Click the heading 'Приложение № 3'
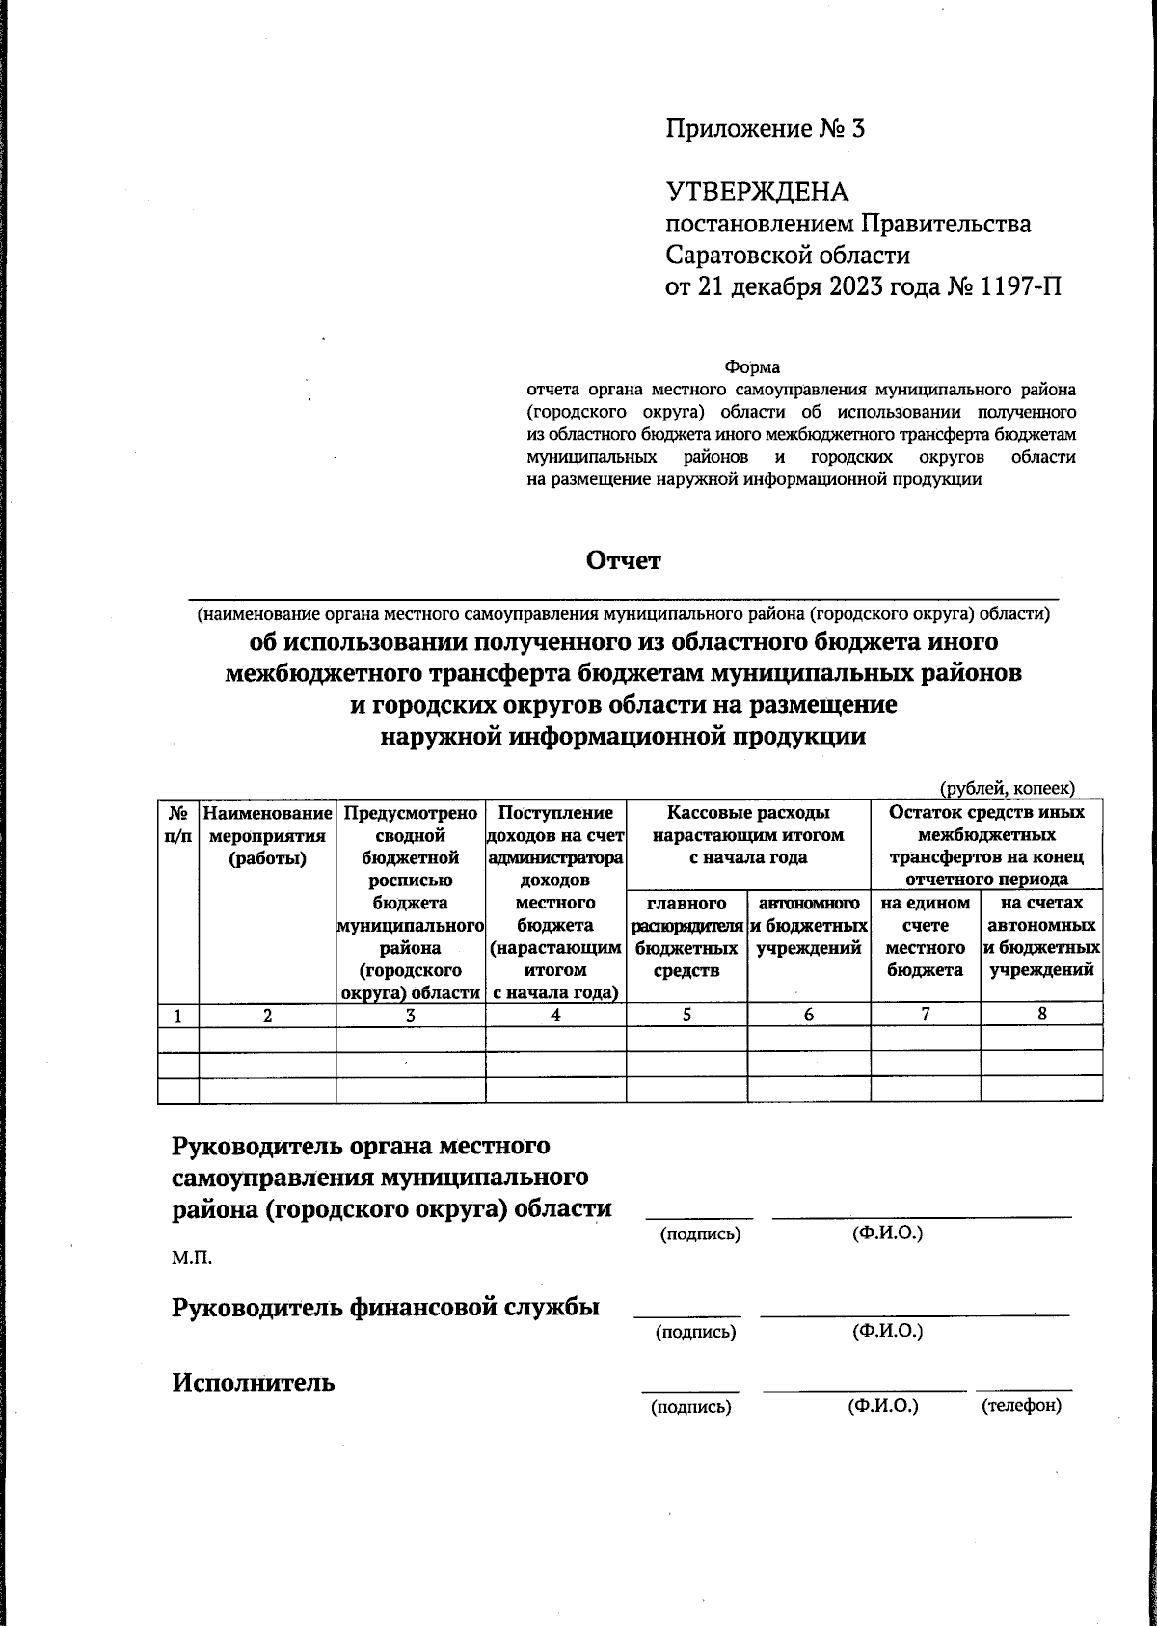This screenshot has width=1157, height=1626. [x=765, y=129]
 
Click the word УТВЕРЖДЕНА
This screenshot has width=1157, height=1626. [x=757, y=192]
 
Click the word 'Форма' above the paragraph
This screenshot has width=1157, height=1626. [x=752, y=367]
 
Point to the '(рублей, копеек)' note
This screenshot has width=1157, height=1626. [x=1008, y=789]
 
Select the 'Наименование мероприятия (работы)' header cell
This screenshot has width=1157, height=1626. [x=267, y=835]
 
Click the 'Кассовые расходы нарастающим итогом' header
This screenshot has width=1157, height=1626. [x=748, y=835]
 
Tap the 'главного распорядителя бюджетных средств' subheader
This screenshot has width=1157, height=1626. [x=686, y=936]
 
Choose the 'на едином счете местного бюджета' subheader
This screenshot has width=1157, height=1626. [x=925, y=936]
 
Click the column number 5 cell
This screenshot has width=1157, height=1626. [x=686, y=1014]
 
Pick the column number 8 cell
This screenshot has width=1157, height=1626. [x=1041, y=1014]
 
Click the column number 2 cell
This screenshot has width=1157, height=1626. [x=267, y=1015]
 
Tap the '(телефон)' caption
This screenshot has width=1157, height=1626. [x=1021, y=1406]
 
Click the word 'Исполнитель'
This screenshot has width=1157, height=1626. [x=254, y=1382]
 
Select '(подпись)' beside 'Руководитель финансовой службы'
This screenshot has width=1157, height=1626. [x=695, y=1333]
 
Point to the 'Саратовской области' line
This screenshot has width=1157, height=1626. [x=788, y=256]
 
